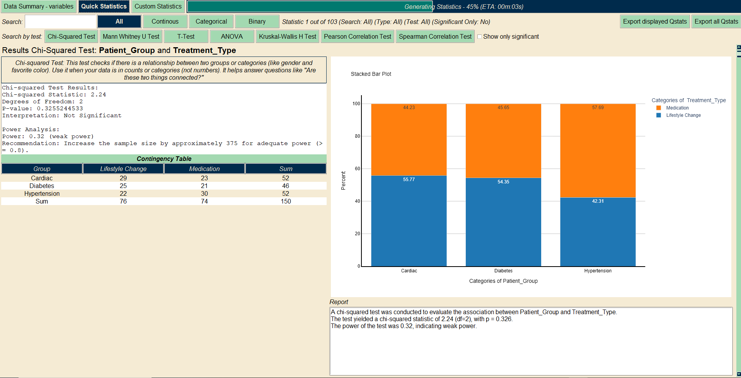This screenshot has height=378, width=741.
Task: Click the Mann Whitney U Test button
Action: [x=131, y=36]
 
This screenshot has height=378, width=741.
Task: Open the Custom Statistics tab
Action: [x=158, y=6]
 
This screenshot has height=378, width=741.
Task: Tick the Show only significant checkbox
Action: [x=479, y=37]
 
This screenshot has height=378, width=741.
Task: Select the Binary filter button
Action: [x=257, y=21]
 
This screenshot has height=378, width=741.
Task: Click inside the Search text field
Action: [x=60, y=22]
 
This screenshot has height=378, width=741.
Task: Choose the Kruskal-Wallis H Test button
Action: [x=287, y=36]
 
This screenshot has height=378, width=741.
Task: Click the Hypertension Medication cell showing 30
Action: [x=204, y=193]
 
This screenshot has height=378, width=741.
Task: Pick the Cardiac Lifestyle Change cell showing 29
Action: [x=123, y=178]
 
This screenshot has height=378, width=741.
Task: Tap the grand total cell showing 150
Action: [x=286, y=201]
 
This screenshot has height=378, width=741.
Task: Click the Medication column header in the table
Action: [x=204, y=169]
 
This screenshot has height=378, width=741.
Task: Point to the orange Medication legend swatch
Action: [x=659, y=108]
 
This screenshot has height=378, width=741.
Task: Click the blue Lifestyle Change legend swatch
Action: [x=659, y=115]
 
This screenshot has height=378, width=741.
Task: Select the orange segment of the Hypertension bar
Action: [x=598, y=151]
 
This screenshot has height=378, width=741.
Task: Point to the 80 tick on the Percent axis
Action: [x=357, y=136]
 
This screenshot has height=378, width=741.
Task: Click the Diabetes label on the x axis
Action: [x=503, y=271]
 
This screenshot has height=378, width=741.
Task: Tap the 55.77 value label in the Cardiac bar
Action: [x=409, y=180]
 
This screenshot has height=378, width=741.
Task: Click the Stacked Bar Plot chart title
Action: [x=371, y=74]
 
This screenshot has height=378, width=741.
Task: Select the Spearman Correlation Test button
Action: [x=435, y=36]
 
